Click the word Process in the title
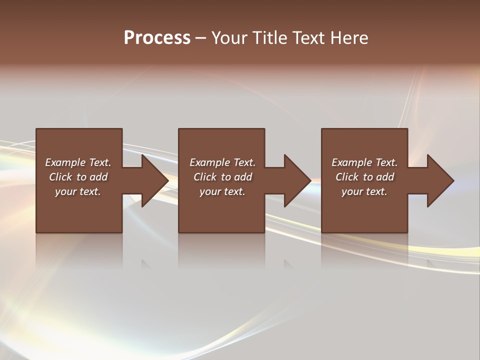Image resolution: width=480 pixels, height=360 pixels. (x=157, y=38)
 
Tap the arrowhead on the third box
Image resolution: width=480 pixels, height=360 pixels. (x=440, y=180)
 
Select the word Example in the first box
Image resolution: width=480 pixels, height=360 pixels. (x=65, y=162)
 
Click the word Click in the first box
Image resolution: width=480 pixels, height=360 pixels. (x=60, y=177)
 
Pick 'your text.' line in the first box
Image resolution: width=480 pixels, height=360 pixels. (x=78, y=191)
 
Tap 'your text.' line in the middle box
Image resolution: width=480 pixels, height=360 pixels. (x=222, y=191)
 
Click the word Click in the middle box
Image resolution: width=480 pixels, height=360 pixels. (x=205, y=177)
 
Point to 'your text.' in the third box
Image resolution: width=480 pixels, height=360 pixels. (x=364, y=191)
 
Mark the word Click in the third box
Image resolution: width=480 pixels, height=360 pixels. (x=347, y=177)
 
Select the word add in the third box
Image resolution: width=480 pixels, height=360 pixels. (x=384, y=177)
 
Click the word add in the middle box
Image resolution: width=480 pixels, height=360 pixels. (x=242, y=177)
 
